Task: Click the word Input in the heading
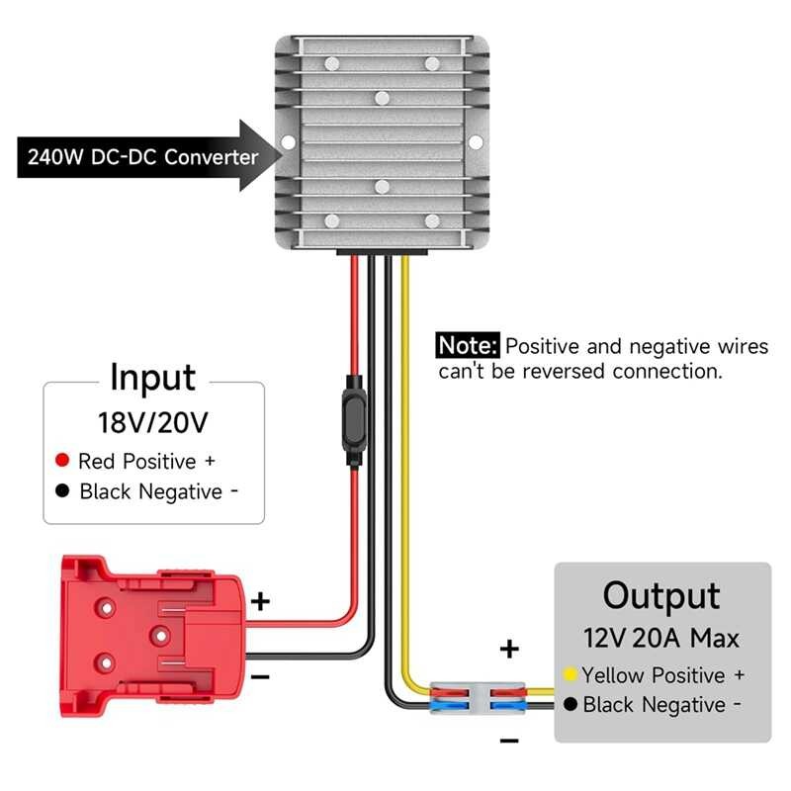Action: pos(152,378)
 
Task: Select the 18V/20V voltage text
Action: pos(153,423)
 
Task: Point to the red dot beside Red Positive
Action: pos(62,461)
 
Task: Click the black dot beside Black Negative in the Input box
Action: pos(62,490)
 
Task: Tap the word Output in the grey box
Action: pos(661,596)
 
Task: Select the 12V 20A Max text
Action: pos(661,638)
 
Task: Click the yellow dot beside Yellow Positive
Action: pos(571,674)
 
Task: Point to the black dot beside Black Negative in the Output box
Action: pos(571,705)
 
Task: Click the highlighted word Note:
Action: pos(469,346)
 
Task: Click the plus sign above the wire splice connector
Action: pos(509,649)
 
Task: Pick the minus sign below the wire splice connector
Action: pos(509,740)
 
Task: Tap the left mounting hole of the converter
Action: pos(288,143)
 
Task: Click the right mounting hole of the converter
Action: pos(478,143)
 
